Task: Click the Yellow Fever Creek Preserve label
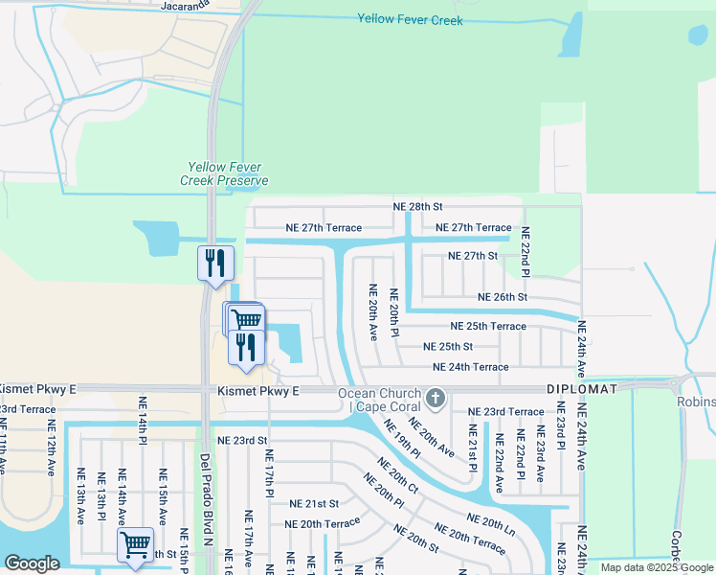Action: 224,173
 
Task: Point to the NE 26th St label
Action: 502,297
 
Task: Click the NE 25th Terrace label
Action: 481,326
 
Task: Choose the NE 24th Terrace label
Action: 470,366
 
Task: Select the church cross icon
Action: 436,397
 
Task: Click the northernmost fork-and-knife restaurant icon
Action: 214,261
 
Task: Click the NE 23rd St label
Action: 242,440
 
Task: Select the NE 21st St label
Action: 315,503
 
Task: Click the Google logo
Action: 32,563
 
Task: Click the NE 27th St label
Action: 473,256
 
